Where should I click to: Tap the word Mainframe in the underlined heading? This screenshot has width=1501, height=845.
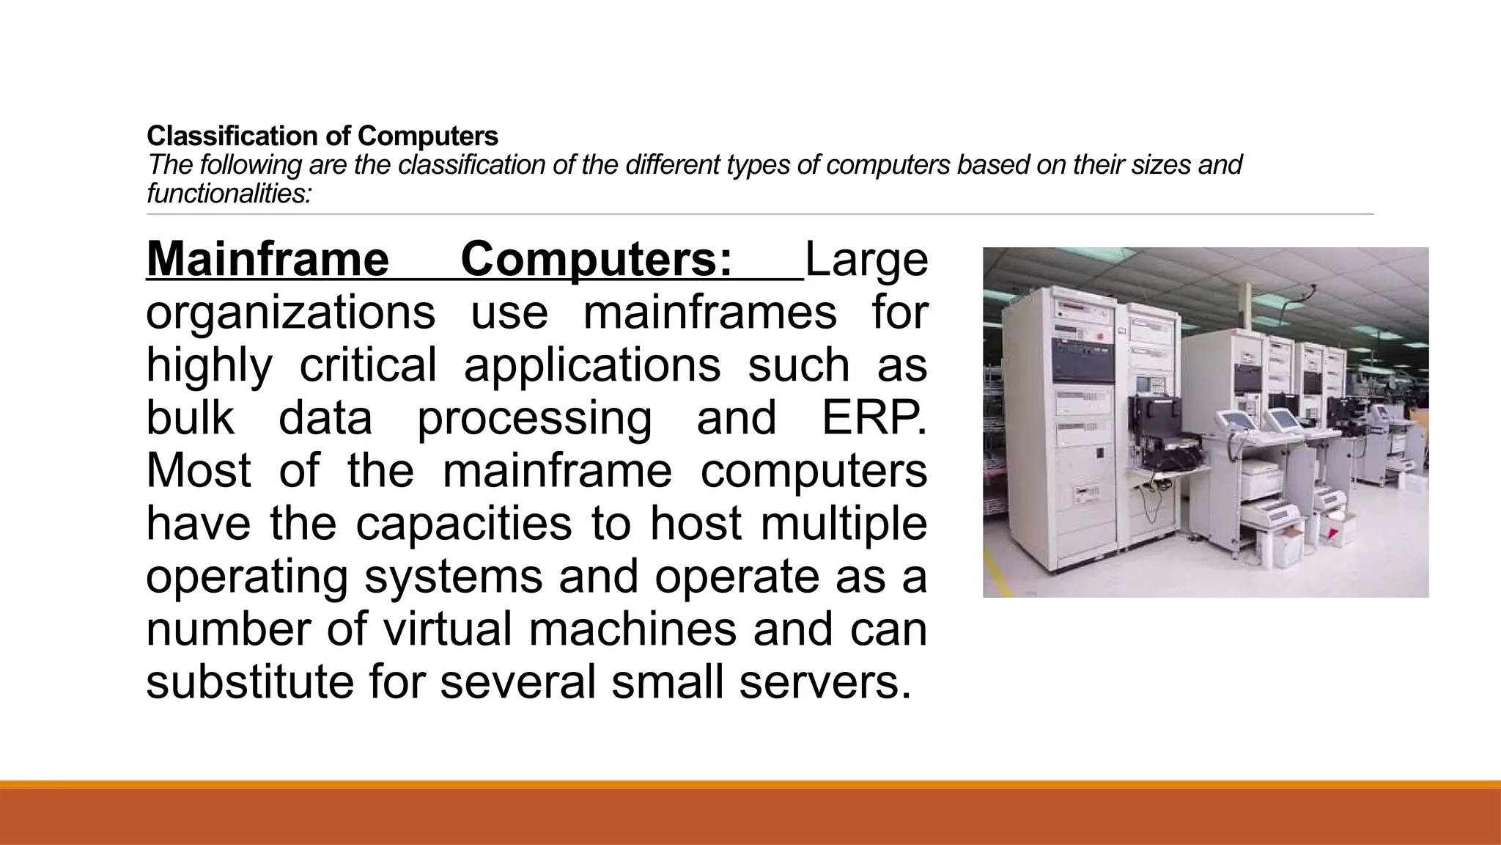tap(268, 260)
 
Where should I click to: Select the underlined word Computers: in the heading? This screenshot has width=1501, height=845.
tap(596, 260)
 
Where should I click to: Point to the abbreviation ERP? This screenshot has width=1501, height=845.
tap(873, 418)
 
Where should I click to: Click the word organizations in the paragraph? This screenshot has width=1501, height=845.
tap(290, 312)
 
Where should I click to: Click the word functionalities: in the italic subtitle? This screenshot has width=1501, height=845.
tap(229, 194)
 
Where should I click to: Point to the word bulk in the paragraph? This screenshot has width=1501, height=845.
tap(190, 418)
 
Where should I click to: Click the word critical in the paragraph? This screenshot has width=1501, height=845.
tap(368, 365)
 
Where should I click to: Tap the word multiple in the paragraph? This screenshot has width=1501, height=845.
tap(844, 524)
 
